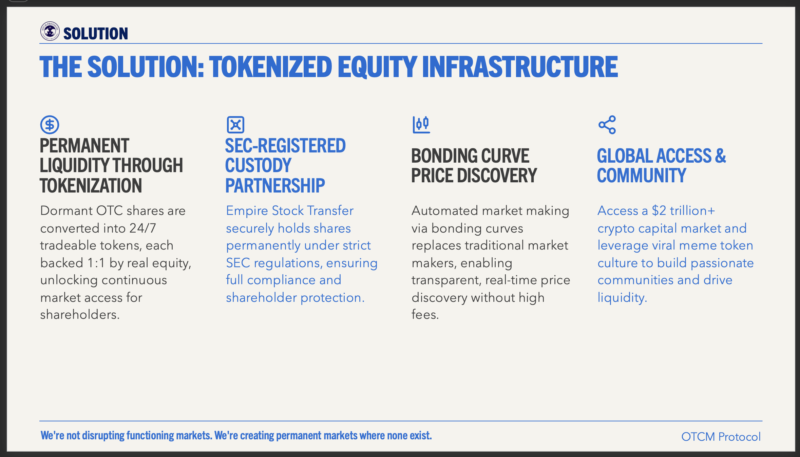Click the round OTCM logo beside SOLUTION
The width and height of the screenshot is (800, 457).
(x=50, y=31)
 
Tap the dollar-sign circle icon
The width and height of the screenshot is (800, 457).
(x=50, y=125)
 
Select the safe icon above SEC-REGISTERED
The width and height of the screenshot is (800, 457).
(x=235, y=125)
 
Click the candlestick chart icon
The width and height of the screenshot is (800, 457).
(x=421, y=125)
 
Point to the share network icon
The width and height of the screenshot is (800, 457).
(x=607, y=125)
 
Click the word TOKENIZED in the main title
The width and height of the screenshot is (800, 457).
(x=270, y=67)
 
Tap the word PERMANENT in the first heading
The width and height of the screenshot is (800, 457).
(x=84, y=146)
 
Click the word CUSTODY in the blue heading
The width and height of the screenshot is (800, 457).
(x=258, y=165)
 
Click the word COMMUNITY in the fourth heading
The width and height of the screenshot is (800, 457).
(x=642, y=176)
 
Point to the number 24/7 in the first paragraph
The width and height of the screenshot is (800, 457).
(x=142, y=228)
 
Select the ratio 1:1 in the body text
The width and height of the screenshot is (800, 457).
(x=96, y=263)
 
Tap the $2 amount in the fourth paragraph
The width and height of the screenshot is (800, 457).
(x=659, y=211)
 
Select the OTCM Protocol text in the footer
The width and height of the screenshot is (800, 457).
(x=721, y=437)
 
